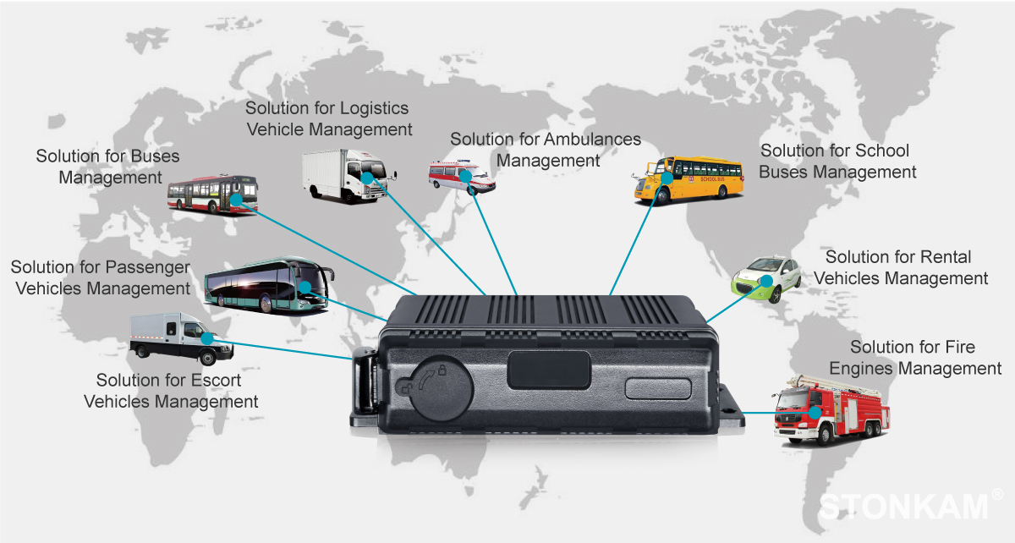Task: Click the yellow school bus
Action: [x=689, y=180]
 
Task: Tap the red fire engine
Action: [x=830, y=410]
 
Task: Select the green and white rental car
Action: [x=765, y=279]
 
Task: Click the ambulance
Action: [x=462, y=177]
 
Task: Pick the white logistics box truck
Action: [x=348, y=175]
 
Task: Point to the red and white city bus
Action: [x=212, y=194]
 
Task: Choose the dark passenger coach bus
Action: [x=269, y=285]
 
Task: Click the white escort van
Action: [x=181, y=338]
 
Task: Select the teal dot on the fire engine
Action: [x=815, y=413]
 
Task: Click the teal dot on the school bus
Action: [x=667, y=178]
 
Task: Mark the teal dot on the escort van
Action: [x=207, y=338]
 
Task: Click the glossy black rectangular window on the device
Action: [x=549, y=370]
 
